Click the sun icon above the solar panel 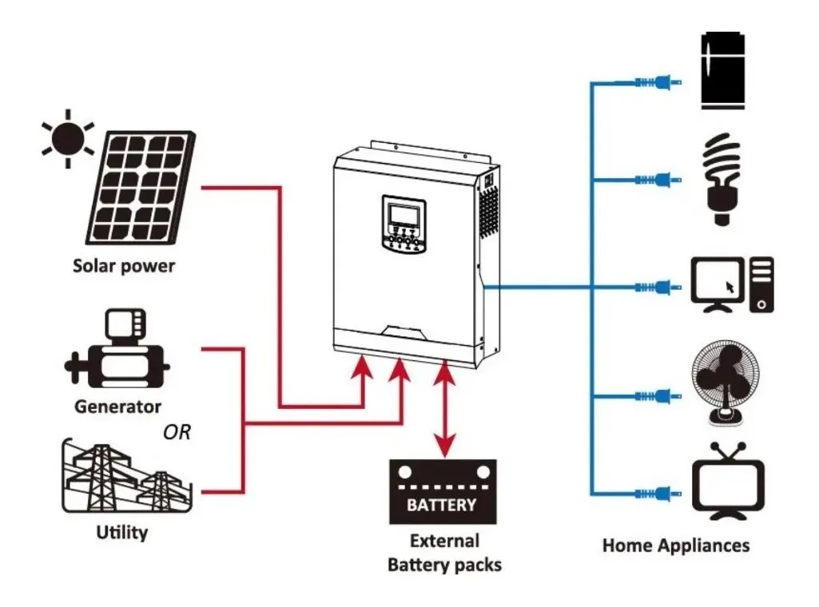coord(68,138)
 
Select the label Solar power coord(123,265)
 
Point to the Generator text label coord(117,407)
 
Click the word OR coord(177,433)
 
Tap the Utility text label coord(121,532)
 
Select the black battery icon coord(442,491)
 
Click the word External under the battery coord(444,541)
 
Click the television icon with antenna coord(727,482)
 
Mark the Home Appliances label coord(675,546)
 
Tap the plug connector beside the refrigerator coord(658,81)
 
